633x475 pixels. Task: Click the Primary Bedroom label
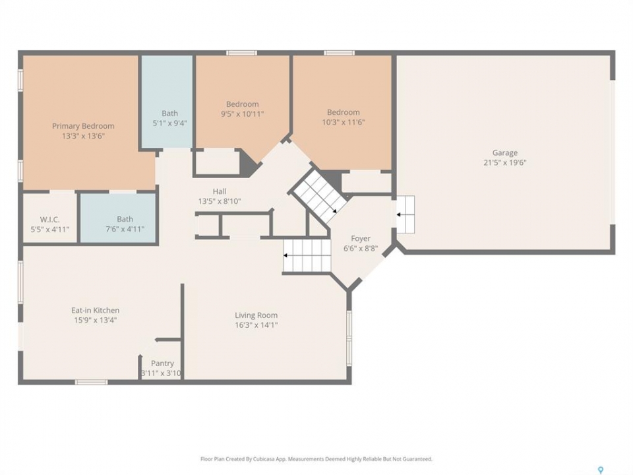(x=83, y=126)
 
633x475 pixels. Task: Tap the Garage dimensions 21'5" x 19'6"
(x=505, y=163)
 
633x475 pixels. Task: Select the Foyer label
(x=361, y=238)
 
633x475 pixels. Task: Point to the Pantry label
(x=162, y=363)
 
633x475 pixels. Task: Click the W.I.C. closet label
(x=49, y=220)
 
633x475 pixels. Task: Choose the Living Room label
(x=256, y=315)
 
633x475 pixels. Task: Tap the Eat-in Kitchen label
(x=95, y=310)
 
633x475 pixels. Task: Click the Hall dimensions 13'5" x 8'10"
(x=220, y=201)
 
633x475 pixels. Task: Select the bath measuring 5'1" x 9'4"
(x=167, y=102)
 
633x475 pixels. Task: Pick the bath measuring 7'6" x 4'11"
(x=118, y=218)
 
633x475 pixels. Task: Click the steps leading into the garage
(x=405, y=214)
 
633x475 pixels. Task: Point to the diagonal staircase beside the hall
(x=319, y=195)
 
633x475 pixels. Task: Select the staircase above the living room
(x=307, y=256)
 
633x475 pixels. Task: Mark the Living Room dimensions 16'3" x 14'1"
(x=256, y=325)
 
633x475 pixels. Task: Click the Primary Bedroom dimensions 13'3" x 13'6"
(x=83, y=136)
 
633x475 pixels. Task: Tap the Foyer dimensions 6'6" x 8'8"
(x=361, y=249)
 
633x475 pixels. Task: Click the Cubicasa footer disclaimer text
(x=316, y=459)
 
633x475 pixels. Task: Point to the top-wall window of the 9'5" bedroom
(x=241, y=53)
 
